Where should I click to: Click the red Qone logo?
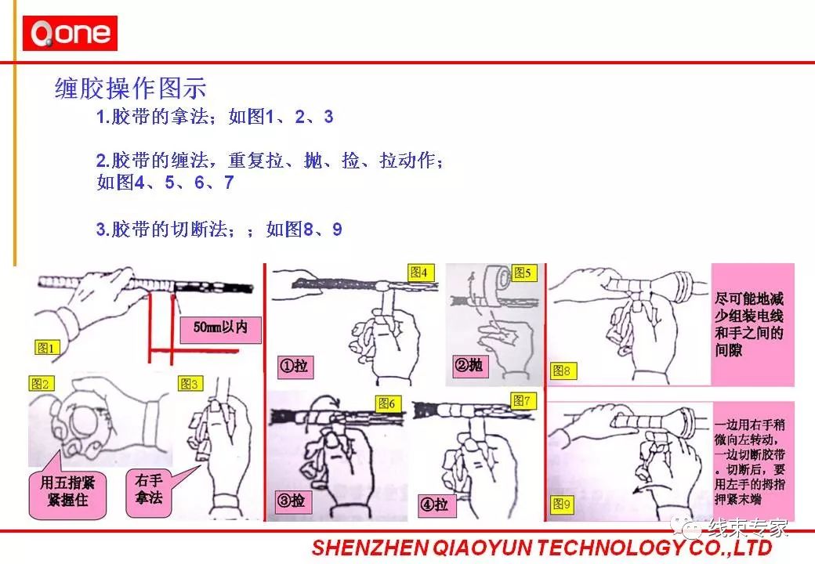(70, 34)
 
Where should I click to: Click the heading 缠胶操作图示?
(130, 88)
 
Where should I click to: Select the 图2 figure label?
(40, 383)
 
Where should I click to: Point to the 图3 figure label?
(190, 383)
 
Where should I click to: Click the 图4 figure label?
(419, 273)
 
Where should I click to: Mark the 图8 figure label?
(563, 370)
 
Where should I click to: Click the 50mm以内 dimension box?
(220, 327)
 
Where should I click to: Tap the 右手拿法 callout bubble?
(149, 490)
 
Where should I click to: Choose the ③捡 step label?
(291, 501)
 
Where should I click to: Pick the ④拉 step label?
(433, 504)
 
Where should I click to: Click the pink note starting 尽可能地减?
(750, 324)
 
